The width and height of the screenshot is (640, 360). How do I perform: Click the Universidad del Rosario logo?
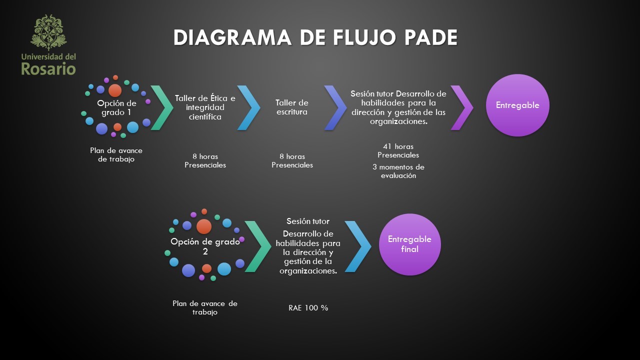(x=48, y=45)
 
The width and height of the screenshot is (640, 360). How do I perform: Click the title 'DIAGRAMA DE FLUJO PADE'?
(x=315, y=38)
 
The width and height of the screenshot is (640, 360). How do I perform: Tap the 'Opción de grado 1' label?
(x=116, y=107)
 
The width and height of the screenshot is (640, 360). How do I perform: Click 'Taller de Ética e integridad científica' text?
(x=205, y=107)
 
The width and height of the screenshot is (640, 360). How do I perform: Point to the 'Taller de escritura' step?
(x=292, y=107)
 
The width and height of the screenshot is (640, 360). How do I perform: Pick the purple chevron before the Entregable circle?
(x=462, y=108)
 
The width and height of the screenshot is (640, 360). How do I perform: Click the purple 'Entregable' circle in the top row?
(x=517, y=105)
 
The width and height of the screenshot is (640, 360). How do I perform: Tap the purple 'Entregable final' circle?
(x=409, y=244)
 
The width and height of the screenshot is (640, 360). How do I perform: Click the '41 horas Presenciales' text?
(x=398, y=150)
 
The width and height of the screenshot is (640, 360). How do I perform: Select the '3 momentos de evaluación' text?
(x=398, y=171)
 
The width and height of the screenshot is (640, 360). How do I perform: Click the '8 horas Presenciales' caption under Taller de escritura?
(x=292, y=160)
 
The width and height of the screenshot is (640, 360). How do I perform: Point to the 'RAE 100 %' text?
(x=308, y=308)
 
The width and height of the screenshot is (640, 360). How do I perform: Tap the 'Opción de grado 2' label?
(x=205, y=246)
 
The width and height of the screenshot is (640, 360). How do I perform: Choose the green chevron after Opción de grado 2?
(x=257, y=246)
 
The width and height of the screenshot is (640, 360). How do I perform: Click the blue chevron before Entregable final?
(x=358, y=246)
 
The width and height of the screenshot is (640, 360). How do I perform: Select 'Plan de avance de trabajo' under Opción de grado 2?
(x=205, y=307)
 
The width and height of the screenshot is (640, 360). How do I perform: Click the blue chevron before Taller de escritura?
(x=249, y=108)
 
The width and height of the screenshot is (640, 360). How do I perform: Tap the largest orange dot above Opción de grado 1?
(x=115, y=90)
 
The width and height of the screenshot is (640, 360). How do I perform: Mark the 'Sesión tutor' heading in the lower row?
(x=308, y=221)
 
